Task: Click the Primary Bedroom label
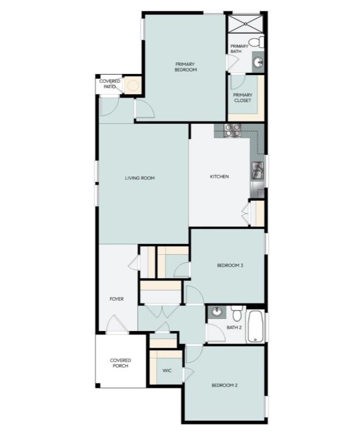(x=185, y=67)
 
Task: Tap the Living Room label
(x=140, y=178)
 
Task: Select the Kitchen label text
(x=219, y=176)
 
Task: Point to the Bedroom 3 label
(x=230, y=265)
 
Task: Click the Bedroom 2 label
(x=224, y=385)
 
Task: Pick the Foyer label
(x=117, y=299)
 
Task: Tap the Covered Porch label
(x=121, y=363)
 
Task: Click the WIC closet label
(x=167, y=371)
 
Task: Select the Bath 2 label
(x=234, y=328)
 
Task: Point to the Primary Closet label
(x=242, y=98)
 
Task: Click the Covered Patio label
(x=110, y=84)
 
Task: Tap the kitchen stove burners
(x=233, y=131)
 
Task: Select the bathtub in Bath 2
(x=256, y=327)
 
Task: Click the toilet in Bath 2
(x=237, y=312)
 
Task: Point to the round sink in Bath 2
(x=216, y=312)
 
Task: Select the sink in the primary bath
(x=258, y=62)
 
